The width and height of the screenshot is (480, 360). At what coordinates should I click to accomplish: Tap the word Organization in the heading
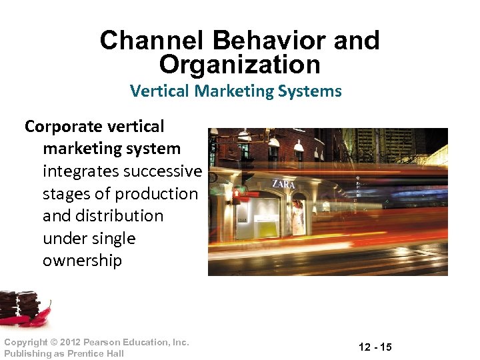pos(240,65)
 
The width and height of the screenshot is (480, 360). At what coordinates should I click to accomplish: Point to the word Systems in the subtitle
pos(312,91)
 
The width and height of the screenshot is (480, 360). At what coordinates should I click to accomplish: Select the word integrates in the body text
pos(82,171)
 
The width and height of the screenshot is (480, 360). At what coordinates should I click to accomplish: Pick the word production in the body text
pos(156,194)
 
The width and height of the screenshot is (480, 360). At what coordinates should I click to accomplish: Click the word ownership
pos(82,261)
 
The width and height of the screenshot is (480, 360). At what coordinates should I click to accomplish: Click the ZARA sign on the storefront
pos(283,183)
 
